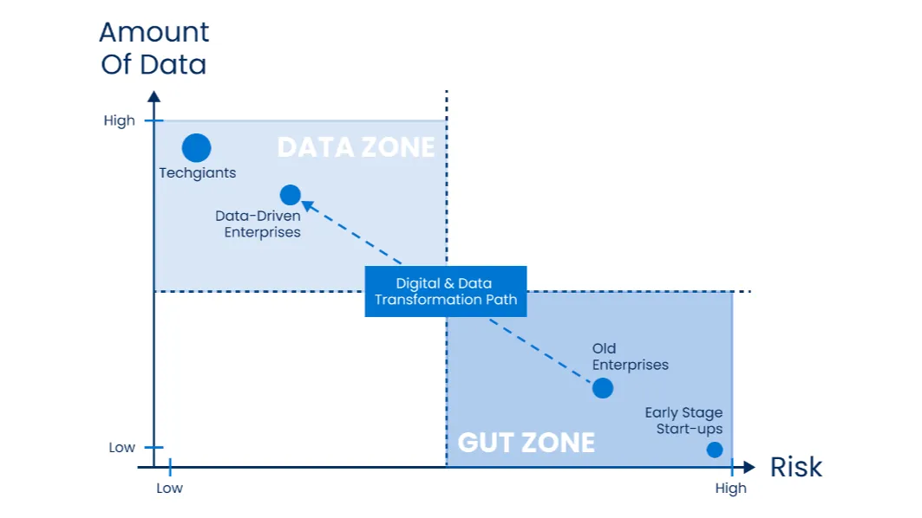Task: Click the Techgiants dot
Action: (197, 148)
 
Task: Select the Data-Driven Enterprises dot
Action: (291, 195)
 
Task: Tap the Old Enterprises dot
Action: (603, 388)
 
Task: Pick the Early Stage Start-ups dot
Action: (715, 450)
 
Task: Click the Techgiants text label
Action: (198, 173)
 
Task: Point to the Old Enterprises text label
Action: (631, 357)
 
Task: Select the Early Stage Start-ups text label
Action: (683, 421)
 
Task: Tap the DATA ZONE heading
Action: (356, 147)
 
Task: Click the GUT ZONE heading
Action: (526, 443)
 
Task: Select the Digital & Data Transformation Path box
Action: (446, 291)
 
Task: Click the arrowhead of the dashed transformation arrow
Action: (305, 204)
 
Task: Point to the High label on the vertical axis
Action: (120, 121)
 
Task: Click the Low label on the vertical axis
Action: (122, 448)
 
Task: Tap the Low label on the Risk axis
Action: (170, 489)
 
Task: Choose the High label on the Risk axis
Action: (730, 489)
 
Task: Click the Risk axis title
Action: (795, 468)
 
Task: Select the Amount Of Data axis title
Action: (154, 49)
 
